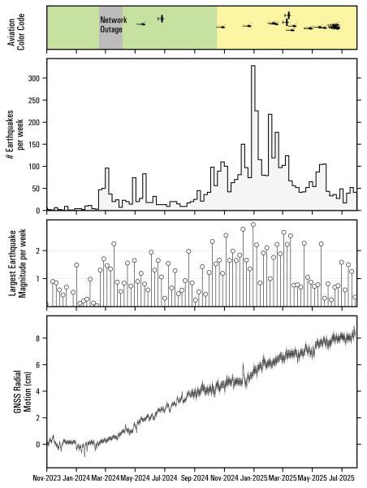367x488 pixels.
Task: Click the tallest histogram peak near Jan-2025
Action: click(x=253, y=67)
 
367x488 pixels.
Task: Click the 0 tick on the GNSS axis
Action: click(x=38, y=444)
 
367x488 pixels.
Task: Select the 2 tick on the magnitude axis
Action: click(x=38, y=251)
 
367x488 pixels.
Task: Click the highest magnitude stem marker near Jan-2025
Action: click(x=253, y=224)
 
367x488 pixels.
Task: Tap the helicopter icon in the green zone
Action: click(x=161, y=18)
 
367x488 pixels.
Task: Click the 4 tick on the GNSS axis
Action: click(x=38, y=390)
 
